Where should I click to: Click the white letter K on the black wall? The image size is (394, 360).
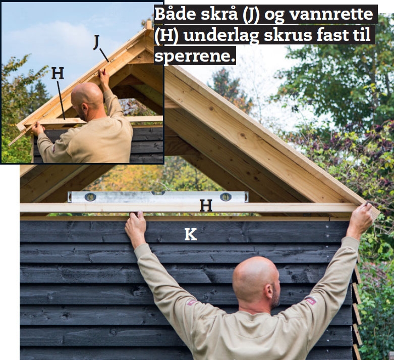[x=191, y=234]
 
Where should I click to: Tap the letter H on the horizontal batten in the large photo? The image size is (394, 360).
[x=206, y=205]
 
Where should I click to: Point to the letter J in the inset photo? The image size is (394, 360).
[x=96, y=42]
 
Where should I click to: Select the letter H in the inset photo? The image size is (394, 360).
[x=58, y=73]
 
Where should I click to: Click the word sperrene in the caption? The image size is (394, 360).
[x=195, y=56]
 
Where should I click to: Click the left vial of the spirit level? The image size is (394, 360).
[x=90, y=197]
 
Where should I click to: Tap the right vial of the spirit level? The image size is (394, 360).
[x=226, y=197]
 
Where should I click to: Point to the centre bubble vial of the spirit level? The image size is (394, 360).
[x=158, y=193]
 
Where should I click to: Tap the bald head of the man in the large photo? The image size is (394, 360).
[x=256, y=280]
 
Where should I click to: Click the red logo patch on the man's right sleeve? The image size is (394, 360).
[x=311, y=300]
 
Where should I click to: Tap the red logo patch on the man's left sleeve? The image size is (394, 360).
[x=192, y=302]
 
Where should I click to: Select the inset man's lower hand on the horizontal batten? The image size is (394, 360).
[x=38, y=129]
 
